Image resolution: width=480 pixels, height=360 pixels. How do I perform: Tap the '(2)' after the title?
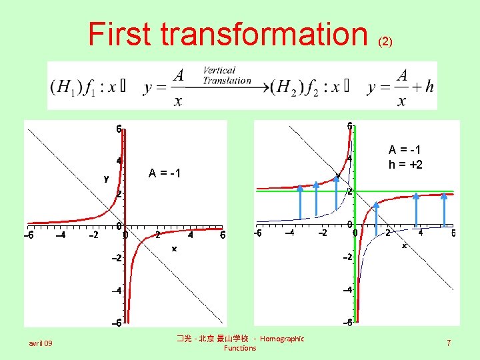coord(385,41)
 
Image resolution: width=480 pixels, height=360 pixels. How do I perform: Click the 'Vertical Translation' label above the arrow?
coord(227,75)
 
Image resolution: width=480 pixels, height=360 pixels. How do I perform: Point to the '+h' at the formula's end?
coord(425,87)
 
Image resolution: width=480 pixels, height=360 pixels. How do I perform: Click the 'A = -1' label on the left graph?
coord(166,174)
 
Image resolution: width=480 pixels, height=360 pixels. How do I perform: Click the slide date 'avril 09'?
coord(41,343)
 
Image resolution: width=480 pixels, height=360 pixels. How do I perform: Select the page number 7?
coord(449,343)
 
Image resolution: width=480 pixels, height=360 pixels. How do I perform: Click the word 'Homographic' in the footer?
coord(281,339)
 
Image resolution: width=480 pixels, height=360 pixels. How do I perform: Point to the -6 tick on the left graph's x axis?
coord(29,235)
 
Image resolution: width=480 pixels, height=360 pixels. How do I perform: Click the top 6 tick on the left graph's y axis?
coord(118,129)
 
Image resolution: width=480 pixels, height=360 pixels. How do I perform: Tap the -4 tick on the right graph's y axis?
coord(348,291)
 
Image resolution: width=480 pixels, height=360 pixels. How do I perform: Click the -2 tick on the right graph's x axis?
coord(322,233)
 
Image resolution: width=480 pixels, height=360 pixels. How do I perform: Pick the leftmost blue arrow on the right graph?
coord(300,205)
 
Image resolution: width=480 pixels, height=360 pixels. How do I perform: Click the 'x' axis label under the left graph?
coord(173,248)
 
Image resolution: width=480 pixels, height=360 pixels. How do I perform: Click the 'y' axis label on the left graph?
coord(106,178)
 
